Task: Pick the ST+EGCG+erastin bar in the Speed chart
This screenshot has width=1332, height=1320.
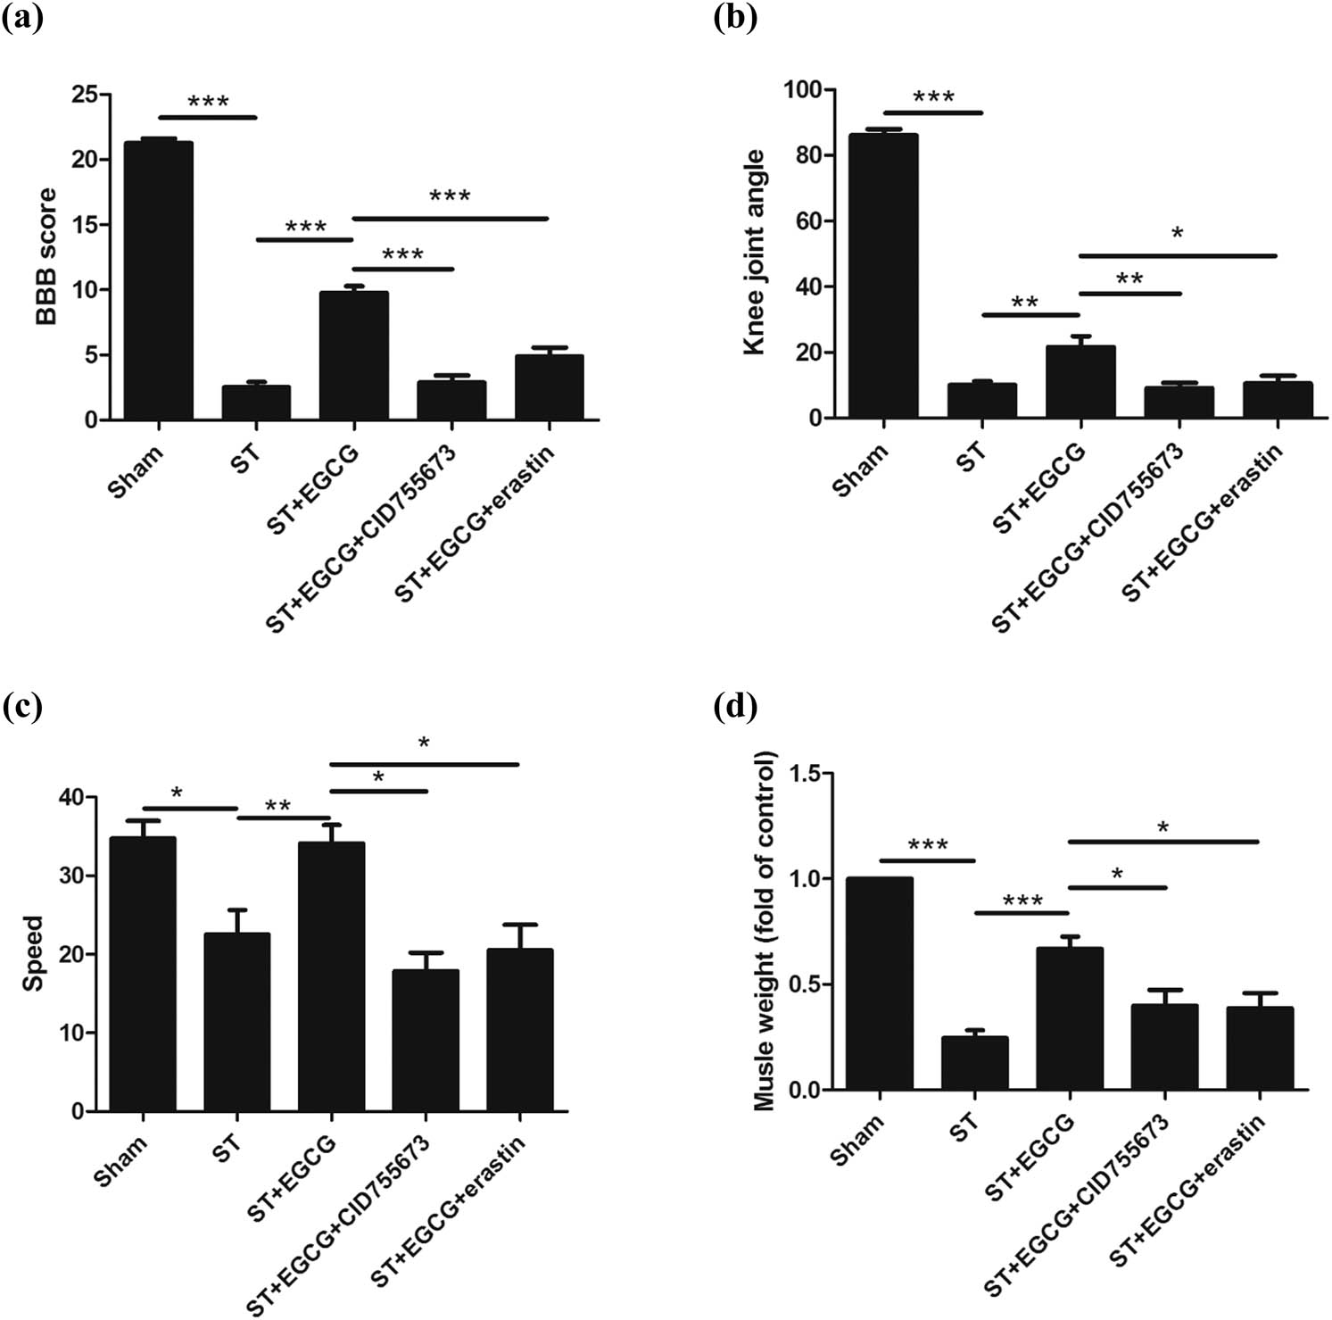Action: tap(519, 1030)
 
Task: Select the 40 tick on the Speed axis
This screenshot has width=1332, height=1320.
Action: tap(81, 797)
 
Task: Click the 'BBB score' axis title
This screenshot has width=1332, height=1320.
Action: tap(46, 256)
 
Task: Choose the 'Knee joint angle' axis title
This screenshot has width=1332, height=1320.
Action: tap(755, 253)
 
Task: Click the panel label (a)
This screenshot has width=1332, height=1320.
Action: tap(22, 18)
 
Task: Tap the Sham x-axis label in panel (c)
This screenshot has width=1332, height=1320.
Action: tap(121, 1160)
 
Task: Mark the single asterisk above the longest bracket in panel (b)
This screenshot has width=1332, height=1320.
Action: tap(1178, 235)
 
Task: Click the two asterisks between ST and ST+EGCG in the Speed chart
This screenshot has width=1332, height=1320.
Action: tap(277, 806)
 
